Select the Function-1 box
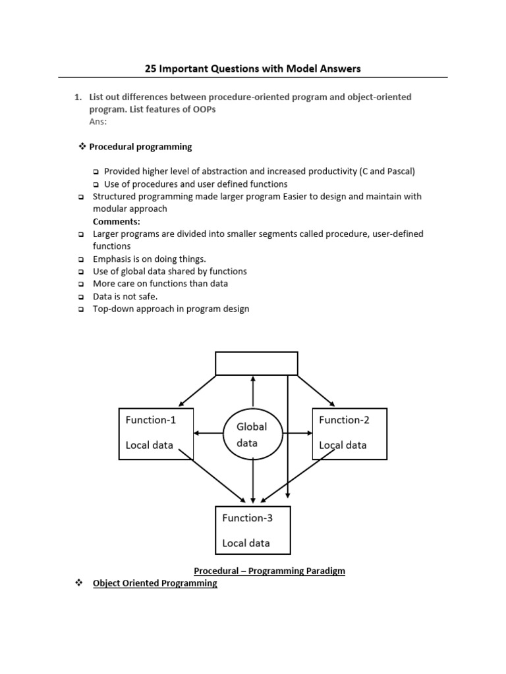(x=155, y=433)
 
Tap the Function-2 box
(x=349, y=433)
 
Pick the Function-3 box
(x=253, y=530)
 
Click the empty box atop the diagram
(x=257, y=363)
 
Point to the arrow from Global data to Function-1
(x=210, y=433)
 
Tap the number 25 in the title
(x=151, y=68)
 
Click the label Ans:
(x=98, y=122)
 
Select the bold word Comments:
(x=117, y=221)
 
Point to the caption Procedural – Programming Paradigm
(x=269, y=571)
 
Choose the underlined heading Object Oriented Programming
(x=155, y=583)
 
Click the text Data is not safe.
(x=125, y=296)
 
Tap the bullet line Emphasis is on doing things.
(x=150, y=259)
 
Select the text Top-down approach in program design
(x=171, y=309)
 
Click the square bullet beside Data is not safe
(x=80, y=297)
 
